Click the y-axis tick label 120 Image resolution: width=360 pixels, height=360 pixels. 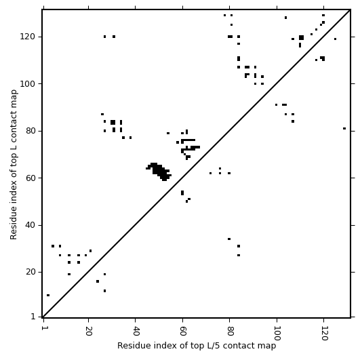(x=27, y=37)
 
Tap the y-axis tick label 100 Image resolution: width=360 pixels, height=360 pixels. (x=27, y=84)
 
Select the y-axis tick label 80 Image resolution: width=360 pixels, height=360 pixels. (x=30, y=131)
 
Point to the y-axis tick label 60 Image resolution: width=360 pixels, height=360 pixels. (x=30, y=178)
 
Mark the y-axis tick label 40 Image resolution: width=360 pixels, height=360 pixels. (x=30, y=225)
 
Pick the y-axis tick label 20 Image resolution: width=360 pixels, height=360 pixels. (x=30, y=272)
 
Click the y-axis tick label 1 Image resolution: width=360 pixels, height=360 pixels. (x=33, y=317)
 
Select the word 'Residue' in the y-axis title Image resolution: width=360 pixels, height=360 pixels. (x=14, y=225)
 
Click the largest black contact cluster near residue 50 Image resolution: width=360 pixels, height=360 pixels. (x=159, y=172)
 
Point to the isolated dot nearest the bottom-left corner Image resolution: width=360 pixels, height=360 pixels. (x=48, y=296)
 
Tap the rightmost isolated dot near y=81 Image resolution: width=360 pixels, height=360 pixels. (x=344, y=129)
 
